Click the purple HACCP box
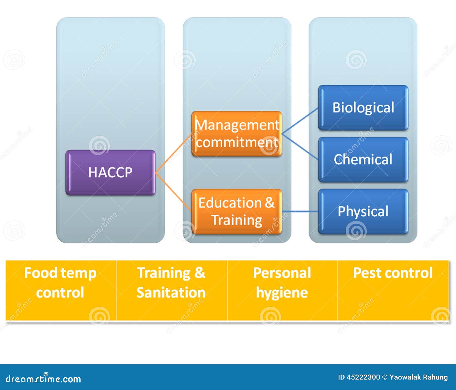click(111, 172)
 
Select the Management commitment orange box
click(237, 134)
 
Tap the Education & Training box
click(237, 212)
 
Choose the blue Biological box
click(363, 108)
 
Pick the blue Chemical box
click(363, 160)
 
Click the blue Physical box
click(363, 212)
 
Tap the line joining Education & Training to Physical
click(300, 212)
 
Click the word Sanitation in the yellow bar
click(171, 293)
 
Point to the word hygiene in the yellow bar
click(282, 293)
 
